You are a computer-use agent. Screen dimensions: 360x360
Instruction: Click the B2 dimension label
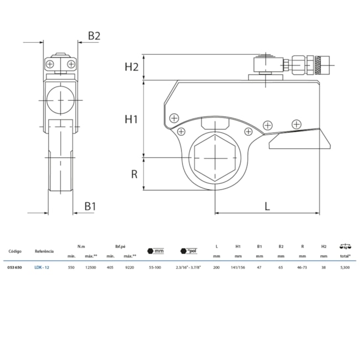[94, 35]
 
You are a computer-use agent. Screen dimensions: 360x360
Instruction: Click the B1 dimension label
[90, 206]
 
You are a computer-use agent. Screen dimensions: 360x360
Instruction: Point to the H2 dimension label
[131, 67]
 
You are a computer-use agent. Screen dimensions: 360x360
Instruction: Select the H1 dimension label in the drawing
[131, 119]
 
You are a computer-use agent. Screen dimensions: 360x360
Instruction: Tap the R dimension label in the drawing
[133, 174]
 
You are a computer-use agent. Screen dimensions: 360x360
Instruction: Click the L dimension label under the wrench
[267, 206]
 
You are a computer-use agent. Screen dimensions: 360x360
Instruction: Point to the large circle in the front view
[60, 100]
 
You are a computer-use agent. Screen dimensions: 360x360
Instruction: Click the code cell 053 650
[15, 267]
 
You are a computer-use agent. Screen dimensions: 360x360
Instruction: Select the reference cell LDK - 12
[42, 267]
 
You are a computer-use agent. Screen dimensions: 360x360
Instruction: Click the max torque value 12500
[91, 267]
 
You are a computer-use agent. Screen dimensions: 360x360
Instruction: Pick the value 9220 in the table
[130, 267]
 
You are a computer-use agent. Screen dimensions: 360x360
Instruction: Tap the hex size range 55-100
[156, 267]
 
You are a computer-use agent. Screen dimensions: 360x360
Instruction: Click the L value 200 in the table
[216, 267]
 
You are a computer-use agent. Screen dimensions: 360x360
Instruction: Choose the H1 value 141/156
[238, 267]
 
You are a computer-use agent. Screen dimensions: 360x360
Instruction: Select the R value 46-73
[302, 267]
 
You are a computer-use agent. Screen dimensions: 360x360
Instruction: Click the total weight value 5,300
[344, 267]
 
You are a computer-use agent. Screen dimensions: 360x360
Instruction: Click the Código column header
[15, 251]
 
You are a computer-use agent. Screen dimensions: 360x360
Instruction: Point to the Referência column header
[44, 251]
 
